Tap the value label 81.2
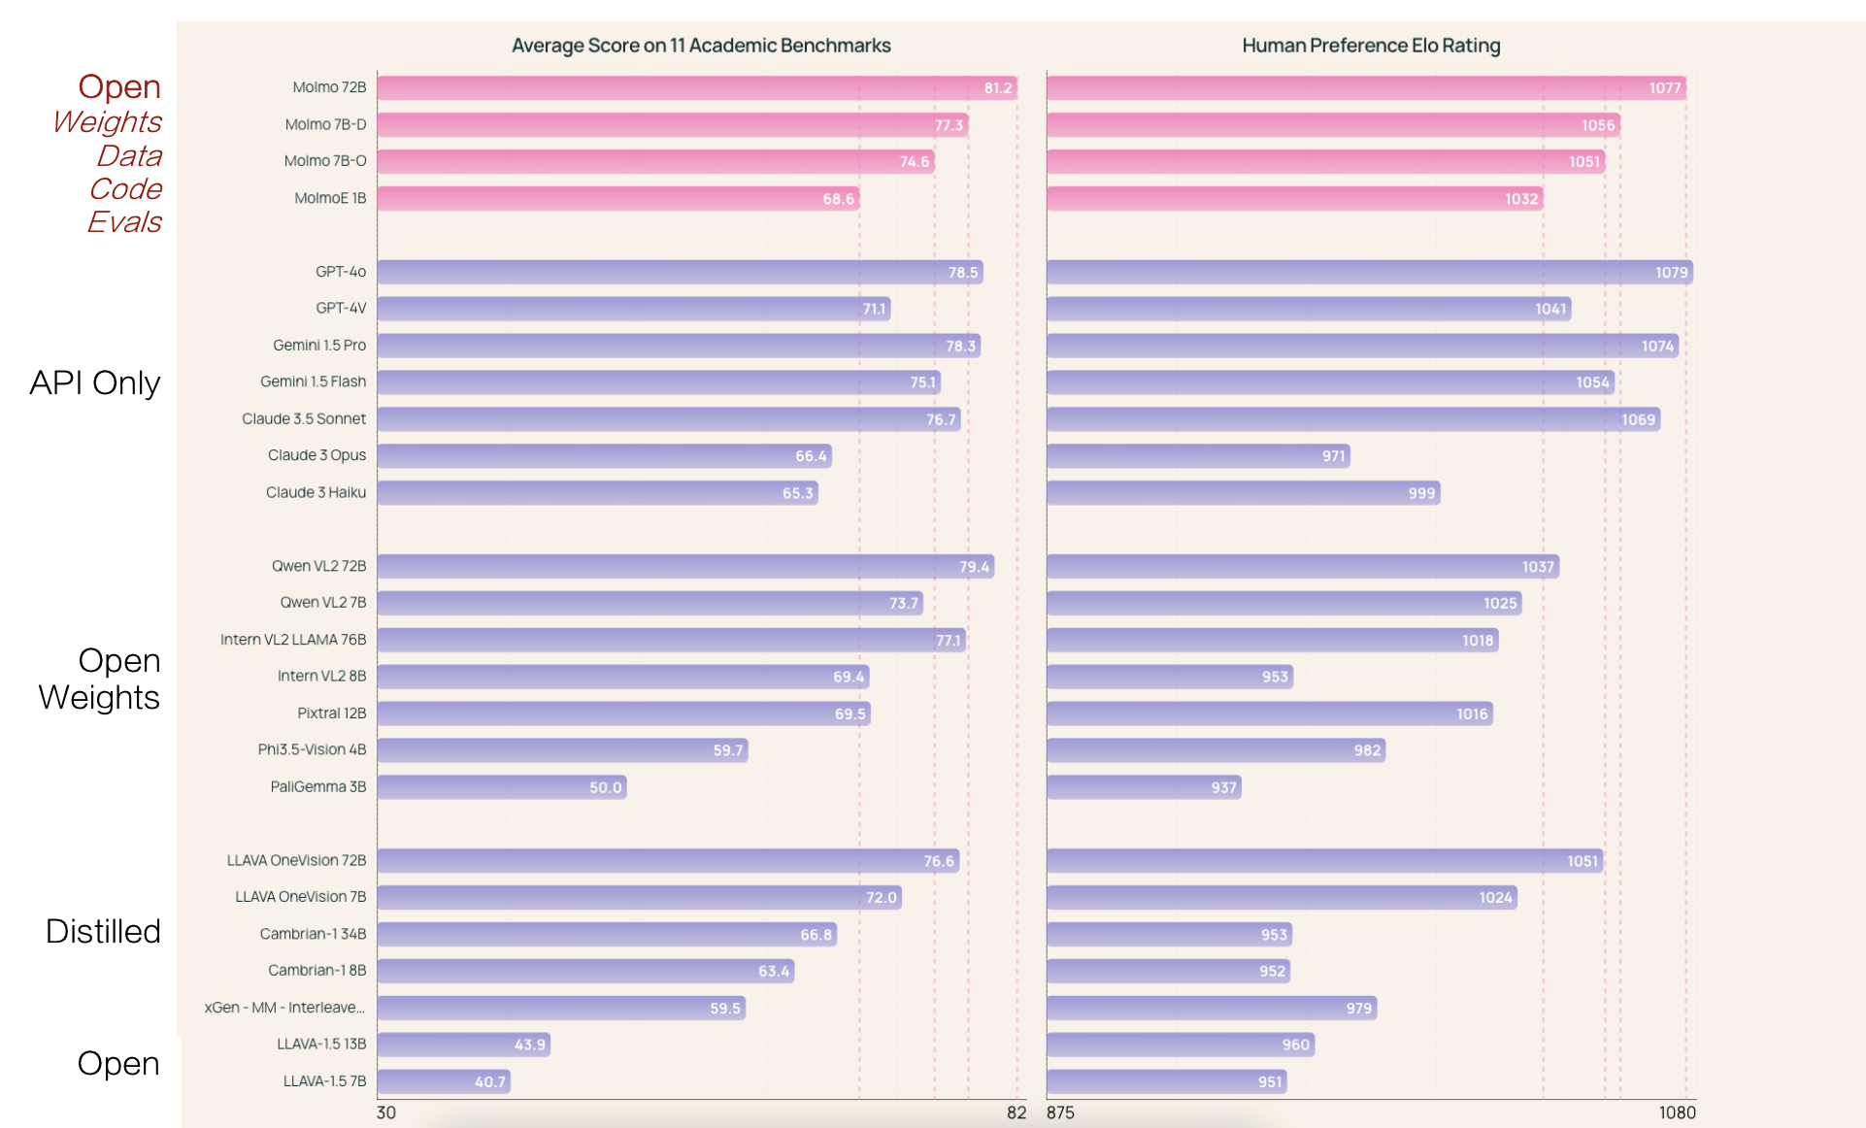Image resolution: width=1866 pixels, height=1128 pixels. [x=998, y=88]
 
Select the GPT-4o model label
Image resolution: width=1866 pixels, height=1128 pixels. [x=341, y=272]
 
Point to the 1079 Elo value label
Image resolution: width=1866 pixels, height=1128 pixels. [x=1671, y=273]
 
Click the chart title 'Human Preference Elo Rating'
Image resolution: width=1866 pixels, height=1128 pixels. [x=1371, y=46]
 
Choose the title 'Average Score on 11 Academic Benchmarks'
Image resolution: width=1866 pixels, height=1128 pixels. [x=701, y=46]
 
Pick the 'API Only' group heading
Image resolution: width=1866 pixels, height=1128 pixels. [x=95, y=383]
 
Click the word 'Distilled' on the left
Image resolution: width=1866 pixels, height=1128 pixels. [x=103, y=932]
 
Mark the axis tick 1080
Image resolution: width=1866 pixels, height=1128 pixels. [x=1677, y=1112]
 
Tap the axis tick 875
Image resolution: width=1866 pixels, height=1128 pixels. [x=1060, y=1112]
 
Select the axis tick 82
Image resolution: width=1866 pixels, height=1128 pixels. [x=1016, y=1112]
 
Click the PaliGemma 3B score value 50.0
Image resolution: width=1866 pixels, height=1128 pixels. [x=605, y=787]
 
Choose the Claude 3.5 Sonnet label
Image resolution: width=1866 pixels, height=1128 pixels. [x=304, y=419]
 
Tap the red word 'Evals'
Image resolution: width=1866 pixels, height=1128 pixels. [x=124, y=222]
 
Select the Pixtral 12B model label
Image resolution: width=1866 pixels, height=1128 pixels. [x=331, y=713]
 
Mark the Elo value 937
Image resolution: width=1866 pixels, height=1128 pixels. [x=1223, y=787]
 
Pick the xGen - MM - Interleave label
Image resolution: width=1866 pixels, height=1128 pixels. [x=284, y=1008]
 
